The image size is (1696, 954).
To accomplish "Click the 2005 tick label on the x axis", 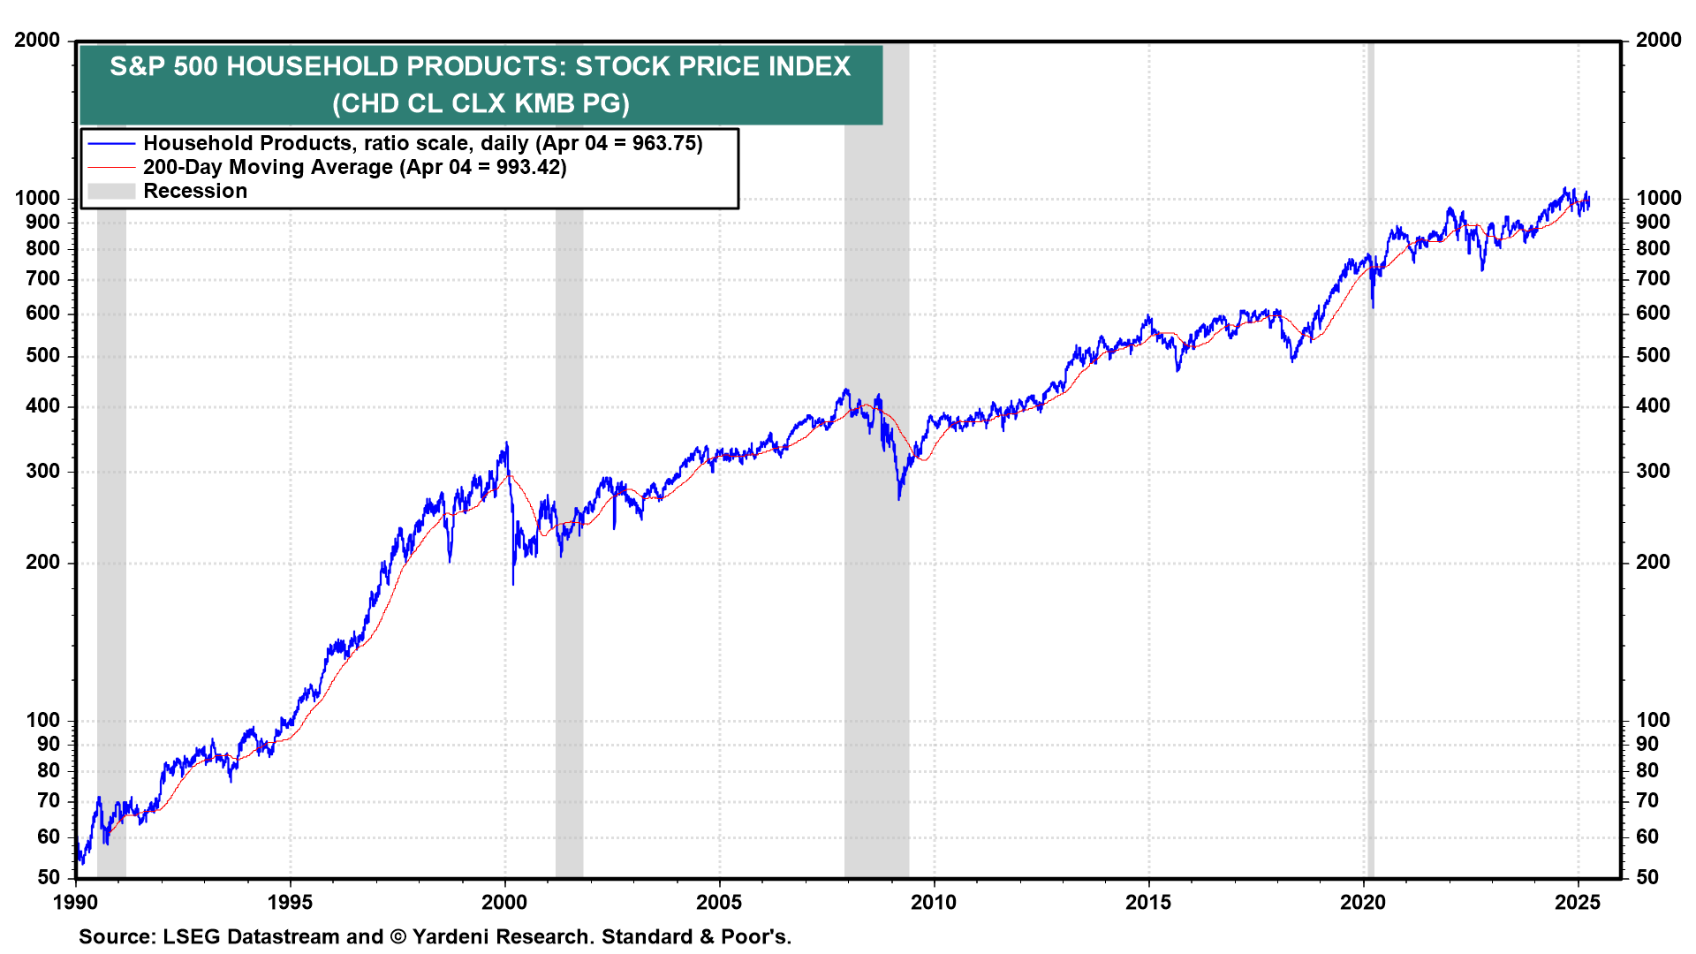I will click(x=719, y=902).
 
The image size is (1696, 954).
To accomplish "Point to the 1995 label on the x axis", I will click(x=290, y=902).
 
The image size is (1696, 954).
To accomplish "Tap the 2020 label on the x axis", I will click(x=1363, y=902).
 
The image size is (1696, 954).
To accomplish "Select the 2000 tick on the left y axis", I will click(x=37, y=40).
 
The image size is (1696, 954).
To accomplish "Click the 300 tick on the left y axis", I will click(x=42, y=471).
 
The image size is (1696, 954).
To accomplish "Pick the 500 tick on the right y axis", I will click(x=1653, y=355).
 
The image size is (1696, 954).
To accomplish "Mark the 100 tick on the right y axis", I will click(x=1653, y=720).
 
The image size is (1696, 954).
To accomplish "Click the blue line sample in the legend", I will click(x=111, y=143).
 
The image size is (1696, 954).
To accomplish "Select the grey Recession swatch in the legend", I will click(x=111, y=191).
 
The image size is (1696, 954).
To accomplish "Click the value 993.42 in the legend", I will click(x=530, y=167).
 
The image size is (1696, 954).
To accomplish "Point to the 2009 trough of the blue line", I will click(x=899, y=499).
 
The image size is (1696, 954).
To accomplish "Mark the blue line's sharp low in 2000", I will click(x=513, y=583).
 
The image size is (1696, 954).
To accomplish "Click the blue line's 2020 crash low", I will click(x=1373, y=307).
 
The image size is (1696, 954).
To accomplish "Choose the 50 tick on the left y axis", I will click(x=49, y=877).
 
